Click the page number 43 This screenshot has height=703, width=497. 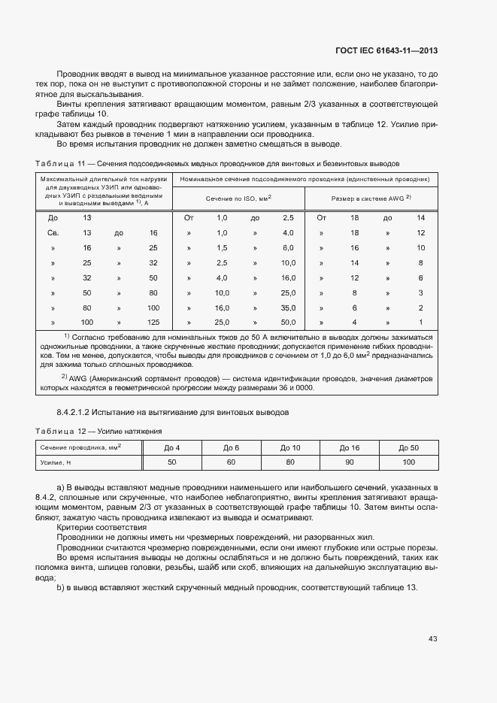(432, 639)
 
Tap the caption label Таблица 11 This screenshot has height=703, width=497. (59, 163)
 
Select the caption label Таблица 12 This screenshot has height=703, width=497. (59, 431)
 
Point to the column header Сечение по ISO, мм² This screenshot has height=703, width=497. (238, 198)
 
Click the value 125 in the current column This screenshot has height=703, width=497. (153, 322)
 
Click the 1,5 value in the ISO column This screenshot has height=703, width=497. (222, 247)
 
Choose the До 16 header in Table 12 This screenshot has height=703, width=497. (350, 447)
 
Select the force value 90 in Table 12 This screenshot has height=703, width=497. (350, 462)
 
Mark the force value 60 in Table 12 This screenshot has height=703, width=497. (231, 462)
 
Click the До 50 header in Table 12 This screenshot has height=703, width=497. (408, 447)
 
